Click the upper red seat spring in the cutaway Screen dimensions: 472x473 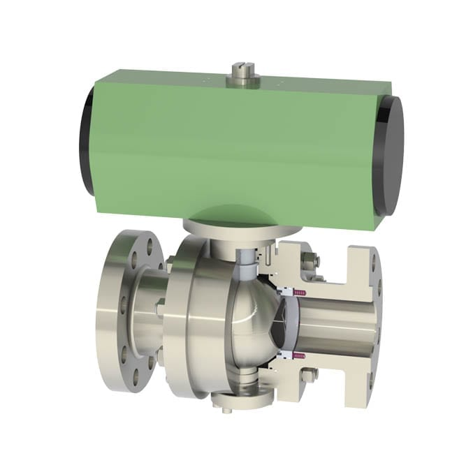tap(301, 291)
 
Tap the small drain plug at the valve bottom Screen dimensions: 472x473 tap(226, 409)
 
